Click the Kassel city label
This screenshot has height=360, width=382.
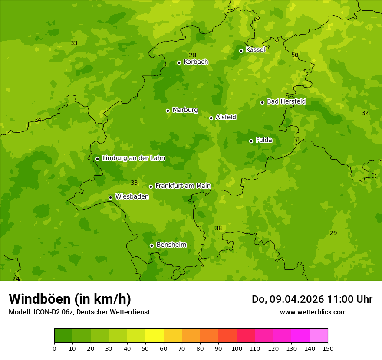click(255, 50)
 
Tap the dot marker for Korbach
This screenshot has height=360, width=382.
click(179, 62)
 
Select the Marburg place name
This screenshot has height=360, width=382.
click(185, 110)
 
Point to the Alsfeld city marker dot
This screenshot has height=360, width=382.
click(211, 118)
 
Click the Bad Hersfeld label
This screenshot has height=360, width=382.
click(286, 101)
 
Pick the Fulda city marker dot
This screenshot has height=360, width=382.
click(251, 141)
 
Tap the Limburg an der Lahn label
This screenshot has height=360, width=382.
click(133, 158)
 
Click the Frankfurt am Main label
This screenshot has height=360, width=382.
click(183, 186)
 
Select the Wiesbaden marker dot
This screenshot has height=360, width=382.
click(110, 197)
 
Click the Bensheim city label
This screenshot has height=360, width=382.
click(171, 245)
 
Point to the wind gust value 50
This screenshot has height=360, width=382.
click(295, 55)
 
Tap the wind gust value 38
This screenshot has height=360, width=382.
click(218, 228)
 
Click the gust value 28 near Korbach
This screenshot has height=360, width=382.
click(192, 55)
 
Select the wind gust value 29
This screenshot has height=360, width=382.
click(333, 233)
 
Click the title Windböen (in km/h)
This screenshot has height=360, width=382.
click(70, 299)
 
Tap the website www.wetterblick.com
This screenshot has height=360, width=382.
click(313, 312)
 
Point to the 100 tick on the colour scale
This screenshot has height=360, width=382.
click(237, 348)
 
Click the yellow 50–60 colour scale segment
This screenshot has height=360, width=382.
click(155, 336)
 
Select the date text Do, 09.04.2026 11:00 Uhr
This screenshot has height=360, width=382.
click(312, 299)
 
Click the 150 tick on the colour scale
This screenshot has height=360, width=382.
click(328, 348)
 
